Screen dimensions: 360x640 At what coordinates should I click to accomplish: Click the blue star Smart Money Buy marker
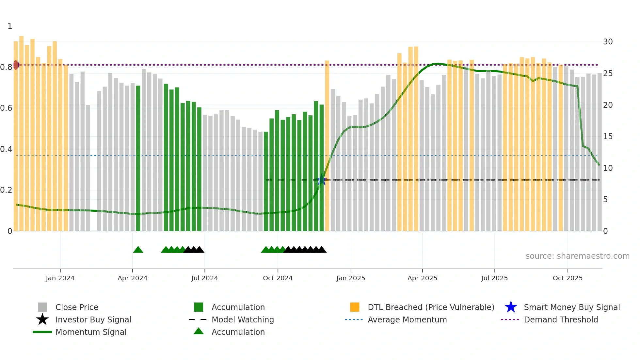322,180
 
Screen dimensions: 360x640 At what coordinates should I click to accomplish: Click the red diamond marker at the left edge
16,65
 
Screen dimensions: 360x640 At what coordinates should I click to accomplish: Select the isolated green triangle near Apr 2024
138,250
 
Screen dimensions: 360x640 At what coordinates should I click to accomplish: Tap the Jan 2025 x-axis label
351,278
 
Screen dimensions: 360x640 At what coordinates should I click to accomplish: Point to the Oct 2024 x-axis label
278,278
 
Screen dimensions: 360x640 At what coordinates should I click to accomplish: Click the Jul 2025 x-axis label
494,278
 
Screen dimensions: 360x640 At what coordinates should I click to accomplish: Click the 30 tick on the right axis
608,42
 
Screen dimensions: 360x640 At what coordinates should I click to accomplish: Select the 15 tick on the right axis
608,137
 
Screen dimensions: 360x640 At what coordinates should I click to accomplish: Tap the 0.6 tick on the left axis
7,108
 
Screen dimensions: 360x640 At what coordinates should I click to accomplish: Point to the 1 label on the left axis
10,26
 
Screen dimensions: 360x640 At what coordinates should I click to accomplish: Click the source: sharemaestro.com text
577,256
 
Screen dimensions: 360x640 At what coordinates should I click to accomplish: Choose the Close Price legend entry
77,307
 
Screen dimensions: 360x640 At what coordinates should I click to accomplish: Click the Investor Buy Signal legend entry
93,320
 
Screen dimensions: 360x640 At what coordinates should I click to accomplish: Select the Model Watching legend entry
243,320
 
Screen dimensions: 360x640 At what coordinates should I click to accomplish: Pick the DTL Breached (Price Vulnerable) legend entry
431,307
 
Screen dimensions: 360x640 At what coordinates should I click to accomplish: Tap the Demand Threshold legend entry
561,320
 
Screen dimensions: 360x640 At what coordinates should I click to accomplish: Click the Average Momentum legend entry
407,320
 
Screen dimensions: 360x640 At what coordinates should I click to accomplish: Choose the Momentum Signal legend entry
91,332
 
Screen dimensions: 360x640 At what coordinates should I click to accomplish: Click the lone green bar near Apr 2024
138,158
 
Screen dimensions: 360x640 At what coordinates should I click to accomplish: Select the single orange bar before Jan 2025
327,146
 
